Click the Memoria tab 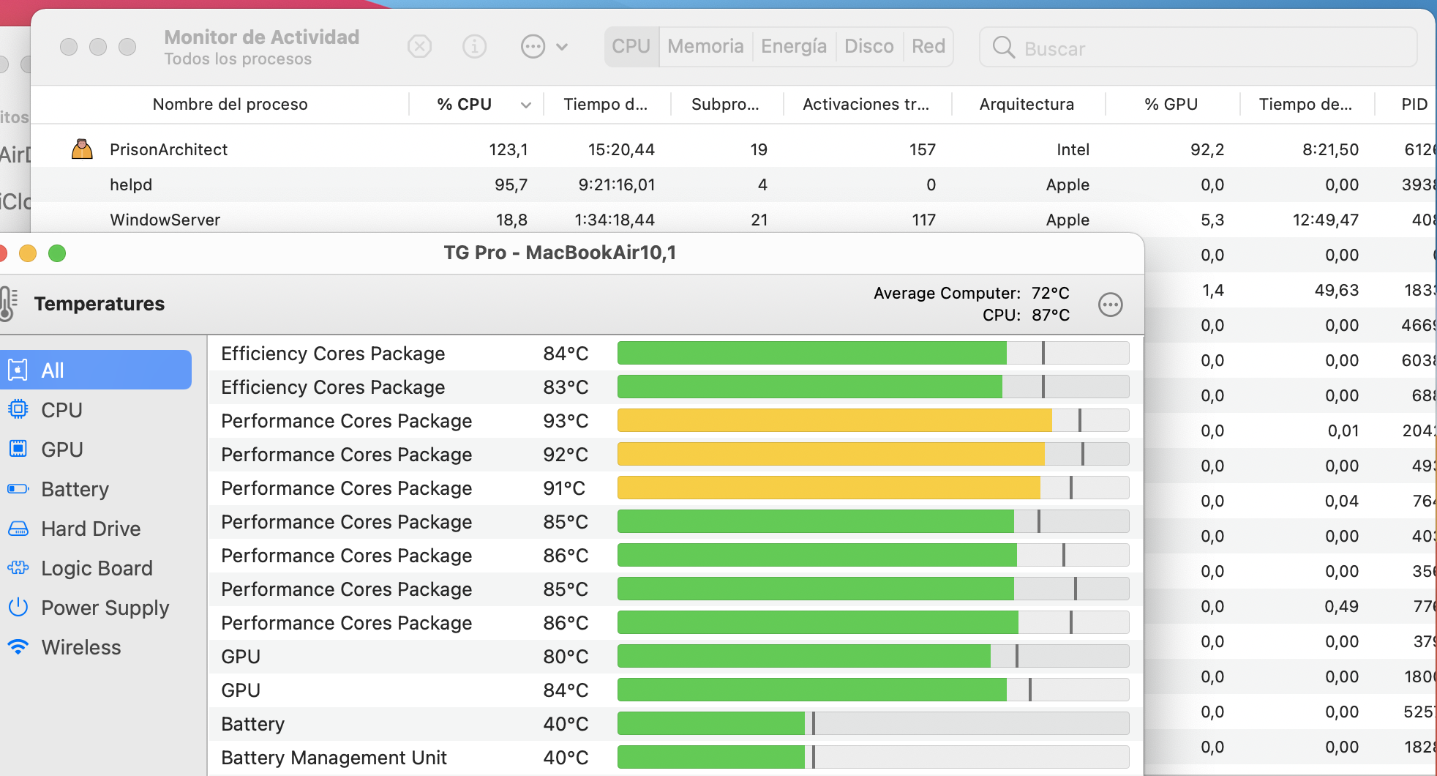point(705,47)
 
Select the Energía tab point(794,47)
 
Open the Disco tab point(869,47)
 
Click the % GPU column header point(1171,105)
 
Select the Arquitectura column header point(1027,105)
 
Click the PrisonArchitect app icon point(82,149)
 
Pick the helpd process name point(131,184)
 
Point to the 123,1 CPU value point(508,149)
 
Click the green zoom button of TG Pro point(57,253)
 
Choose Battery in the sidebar point(75,489)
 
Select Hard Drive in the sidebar point(91,529)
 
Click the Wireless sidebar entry point(81,647)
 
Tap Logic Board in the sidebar point(97,568)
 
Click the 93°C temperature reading point(566,421)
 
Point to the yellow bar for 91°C point(828,488)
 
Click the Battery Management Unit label point(334,758)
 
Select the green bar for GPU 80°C point(803,657)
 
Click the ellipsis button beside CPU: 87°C point(1110,305)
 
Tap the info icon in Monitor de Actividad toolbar point(475,48)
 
